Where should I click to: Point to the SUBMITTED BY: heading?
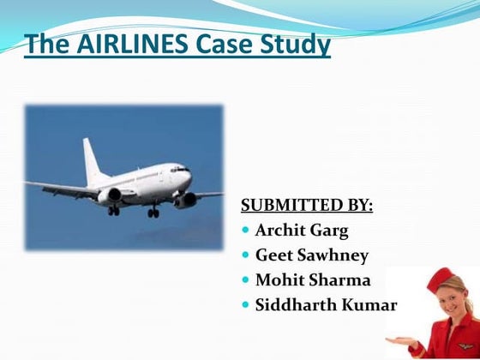(307, 206)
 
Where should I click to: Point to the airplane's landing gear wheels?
(152, 212)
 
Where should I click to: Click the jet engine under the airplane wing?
(110, 196)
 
